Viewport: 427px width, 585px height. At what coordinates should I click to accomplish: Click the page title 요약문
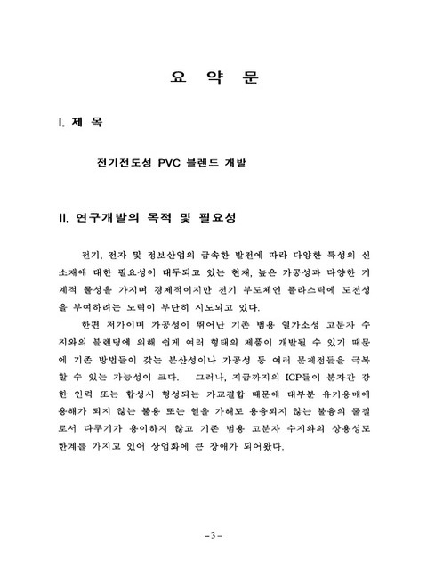click(x=213, y=77)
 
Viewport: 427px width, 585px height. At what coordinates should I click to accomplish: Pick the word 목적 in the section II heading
click(x=182, y=218)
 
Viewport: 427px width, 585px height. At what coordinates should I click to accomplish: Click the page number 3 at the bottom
click(x=213, y=536)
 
